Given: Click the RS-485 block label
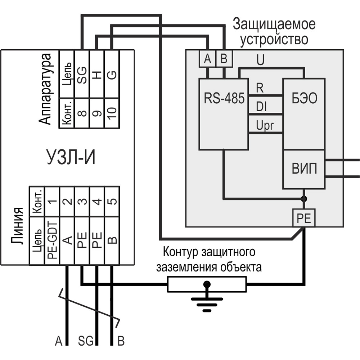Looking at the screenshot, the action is tap(224, 99).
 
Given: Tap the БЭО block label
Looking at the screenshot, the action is tap(305, 99).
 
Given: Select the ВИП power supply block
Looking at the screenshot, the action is tap(304, 169).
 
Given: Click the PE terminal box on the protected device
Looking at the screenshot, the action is tap(304, 218).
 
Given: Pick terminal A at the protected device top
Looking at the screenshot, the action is tap(207, 59).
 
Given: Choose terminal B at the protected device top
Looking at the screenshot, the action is tap(224, 59).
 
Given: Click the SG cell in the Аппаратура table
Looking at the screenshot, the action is tap(82, 75).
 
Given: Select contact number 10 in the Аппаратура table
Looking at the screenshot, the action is tap(112, 113).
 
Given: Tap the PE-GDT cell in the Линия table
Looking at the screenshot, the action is tap(52, 240).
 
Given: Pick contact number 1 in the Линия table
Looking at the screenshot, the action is tap(52, 201).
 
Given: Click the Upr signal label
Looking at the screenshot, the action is tap(265, 126).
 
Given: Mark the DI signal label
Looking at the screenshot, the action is tap(261, 107).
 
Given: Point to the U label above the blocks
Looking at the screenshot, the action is tap(260, 60).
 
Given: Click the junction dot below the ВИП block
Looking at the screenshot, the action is tap(304, 199).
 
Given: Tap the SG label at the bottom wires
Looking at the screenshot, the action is tap(86, 341).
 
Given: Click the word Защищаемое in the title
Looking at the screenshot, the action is tap(274, 25).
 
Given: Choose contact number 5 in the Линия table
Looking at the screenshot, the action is tap(112, 201).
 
